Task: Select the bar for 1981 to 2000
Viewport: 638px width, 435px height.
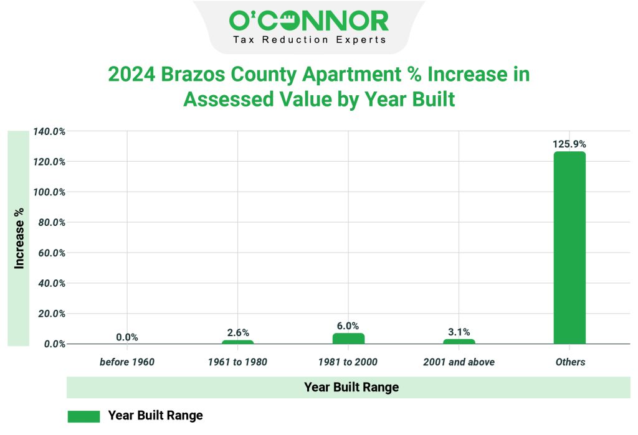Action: tap(348, 339)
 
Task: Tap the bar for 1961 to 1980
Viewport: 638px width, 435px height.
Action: tap(237, 342)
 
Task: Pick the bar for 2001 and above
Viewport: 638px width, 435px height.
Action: tap(459, 341)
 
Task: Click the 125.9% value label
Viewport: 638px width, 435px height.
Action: tap(569, 144)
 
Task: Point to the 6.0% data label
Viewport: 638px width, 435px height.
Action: tap(348, 325)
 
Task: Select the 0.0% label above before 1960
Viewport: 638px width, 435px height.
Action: tap(127, 337)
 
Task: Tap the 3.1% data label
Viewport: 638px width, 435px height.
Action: tap(459, 332)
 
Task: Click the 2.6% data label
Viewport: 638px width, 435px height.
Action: tap(237, 333)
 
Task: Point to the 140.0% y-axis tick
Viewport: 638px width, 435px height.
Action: tap(49, 132)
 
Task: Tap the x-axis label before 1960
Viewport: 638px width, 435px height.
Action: tap(127, 362)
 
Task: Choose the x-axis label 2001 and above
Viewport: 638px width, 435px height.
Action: tap(459, 362)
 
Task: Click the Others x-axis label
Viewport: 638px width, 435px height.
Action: tap(569, 362)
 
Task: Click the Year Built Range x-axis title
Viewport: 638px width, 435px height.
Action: tap(351, 387)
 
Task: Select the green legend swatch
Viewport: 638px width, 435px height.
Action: tap(83, 416)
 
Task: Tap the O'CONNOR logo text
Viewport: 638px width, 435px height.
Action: tap(309, 21)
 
